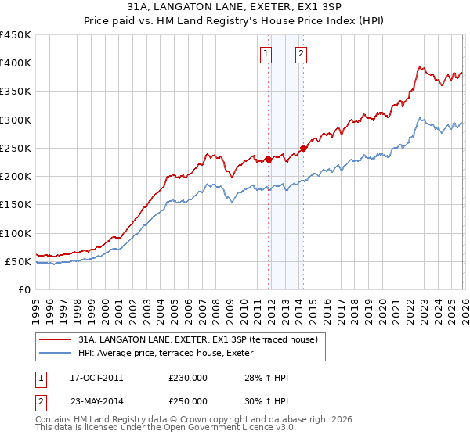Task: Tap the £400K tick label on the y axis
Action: click(x=16, y=63)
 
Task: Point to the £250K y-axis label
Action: click(x=16, y=148)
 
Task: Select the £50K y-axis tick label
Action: click(x=19, y=261)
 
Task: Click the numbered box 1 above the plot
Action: click(x=266, y=54)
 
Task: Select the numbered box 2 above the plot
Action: click(x=301, y=54)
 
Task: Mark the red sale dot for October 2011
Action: click(x=268, y=159)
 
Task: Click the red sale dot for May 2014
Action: click(x=303, y=148)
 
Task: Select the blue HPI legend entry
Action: click(x=175, y=353)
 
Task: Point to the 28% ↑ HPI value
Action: click(x=266, y=378)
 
